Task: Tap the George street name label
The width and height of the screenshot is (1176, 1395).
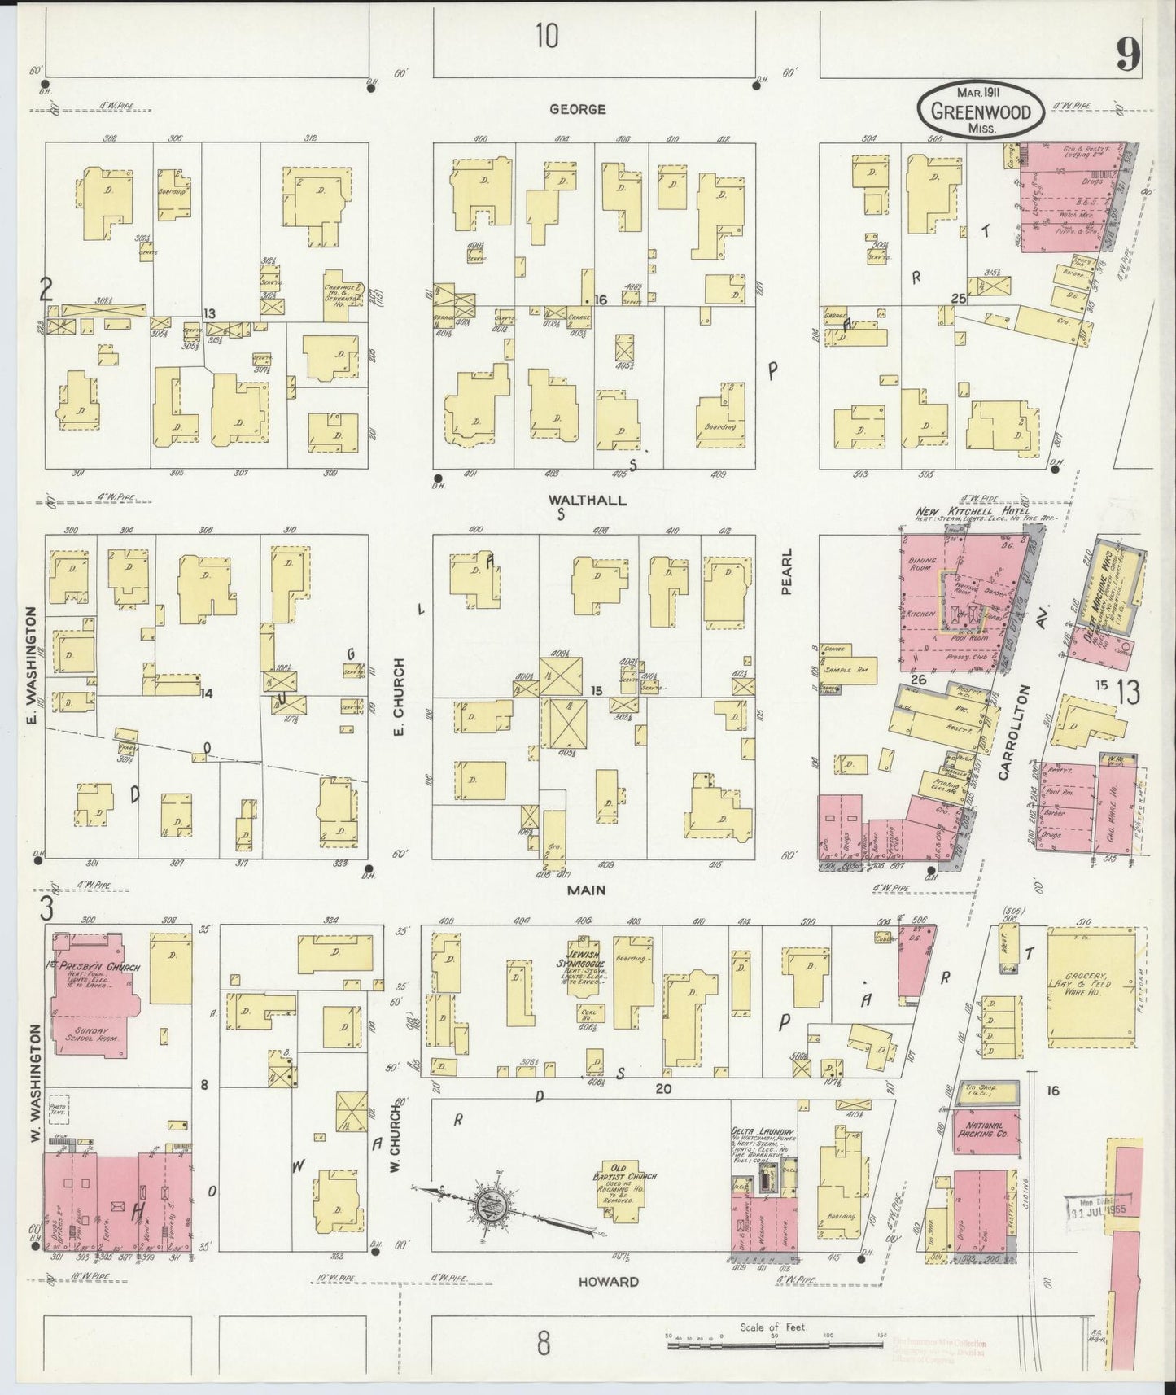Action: pos(577,108)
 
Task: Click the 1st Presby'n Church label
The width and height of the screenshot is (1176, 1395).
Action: pos(91,968)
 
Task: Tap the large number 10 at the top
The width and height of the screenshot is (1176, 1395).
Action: pos(547,37)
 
